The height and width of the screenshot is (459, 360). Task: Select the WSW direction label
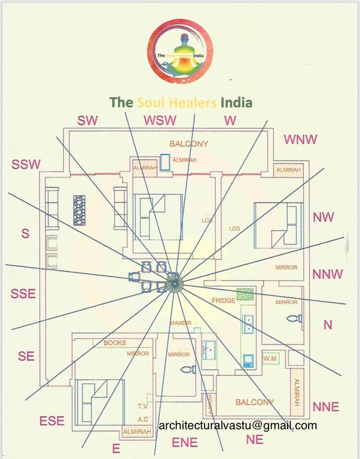pos(160,120)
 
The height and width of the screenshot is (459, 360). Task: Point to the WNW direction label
pos(300,139)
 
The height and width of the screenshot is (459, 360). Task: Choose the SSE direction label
pos(23,293)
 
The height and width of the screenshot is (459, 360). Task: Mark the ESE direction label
pos(51,421)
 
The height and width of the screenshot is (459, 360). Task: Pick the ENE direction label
pos(185,442)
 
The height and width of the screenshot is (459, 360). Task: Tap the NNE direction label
pos(326,407)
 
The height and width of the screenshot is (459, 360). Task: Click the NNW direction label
pos(328,274)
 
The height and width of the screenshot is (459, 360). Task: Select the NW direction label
pos(324,217)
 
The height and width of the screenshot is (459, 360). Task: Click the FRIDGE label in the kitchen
pos(223,300)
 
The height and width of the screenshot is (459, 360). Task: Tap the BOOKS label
pos(115,343)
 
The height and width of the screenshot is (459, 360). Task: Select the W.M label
pos(270,359)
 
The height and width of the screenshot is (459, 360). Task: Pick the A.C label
pos(143,420)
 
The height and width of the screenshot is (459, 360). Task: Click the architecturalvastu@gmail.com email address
pos(237,425)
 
